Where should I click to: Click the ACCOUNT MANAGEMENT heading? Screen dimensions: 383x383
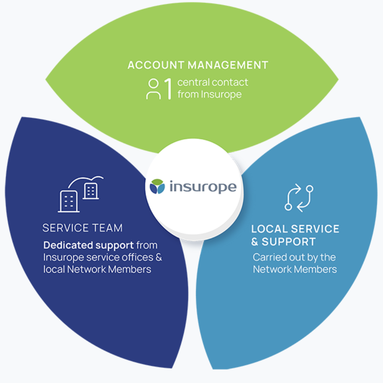pyautogui.click(x=198, y=65)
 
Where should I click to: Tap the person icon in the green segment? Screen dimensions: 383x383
pyautogui.click(x=153, y=89)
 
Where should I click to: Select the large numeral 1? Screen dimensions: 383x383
pyautogui.click(x=167, y=89)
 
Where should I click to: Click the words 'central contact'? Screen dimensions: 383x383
pyautogui.click(x=213, y=82)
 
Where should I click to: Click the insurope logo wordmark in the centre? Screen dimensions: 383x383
pyautogui.click(x=202, y=187)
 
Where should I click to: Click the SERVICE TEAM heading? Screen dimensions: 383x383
pyautogui.click(x=82, y=228)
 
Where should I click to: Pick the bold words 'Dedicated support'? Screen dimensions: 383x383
pyautogui.click(x=88, y=245)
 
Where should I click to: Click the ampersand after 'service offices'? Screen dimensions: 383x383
pyautogui.click(x=159, y=257)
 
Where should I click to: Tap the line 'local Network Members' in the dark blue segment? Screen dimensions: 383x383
pyautogui.click(x=97, y=269)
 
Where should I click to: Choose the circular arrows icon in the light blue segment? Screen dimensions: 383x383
pyautogui.click(x=299, y=198)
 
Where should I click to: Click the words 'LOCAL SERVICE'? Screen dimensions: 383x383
pyautogui.click(x=295, y=229)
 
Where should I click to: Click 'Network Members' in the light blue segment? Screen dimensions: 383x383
pyautogui.click(x=295, y=269)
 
